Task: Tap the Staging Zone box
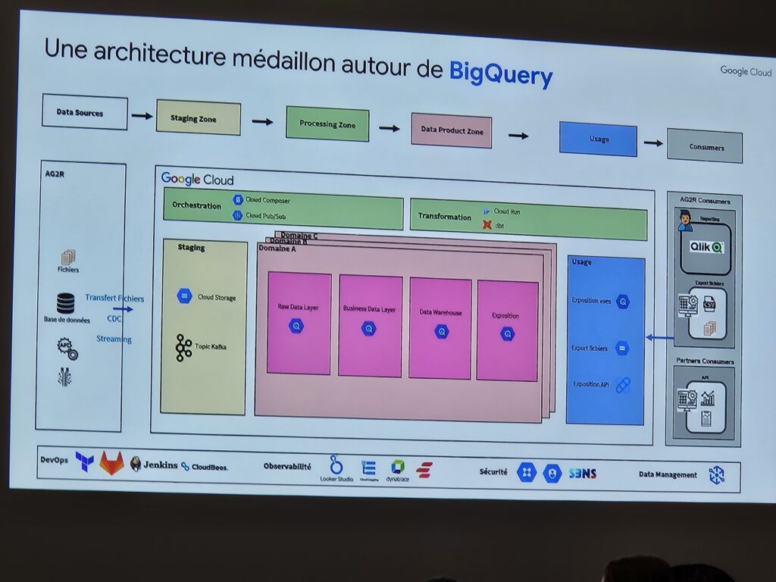coord(198,117)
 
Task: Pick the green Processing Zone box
coord(327,124)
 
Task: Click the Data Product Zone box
coord(452,130)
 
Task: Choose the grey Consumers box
coord(704,146)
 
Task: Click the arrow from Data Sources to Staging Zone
coord(142,116)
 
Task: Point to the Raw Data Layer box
coord(299,323)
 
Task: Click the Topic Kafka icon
coord(184,347)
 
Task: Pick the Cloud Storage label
coord(217,298)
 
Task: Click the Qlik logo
coord(706,247)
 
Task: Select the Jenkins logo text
coord(161,465)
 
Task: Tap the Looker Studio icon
coord(336,465)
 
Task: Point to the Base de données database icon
coord(66,303)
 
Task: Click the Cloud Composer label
coord(268,200)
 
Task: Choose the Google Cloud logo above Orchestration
coord(197,180)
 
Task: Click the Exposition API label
coord(591,384)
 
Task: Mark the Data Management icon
coord(715,475)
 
